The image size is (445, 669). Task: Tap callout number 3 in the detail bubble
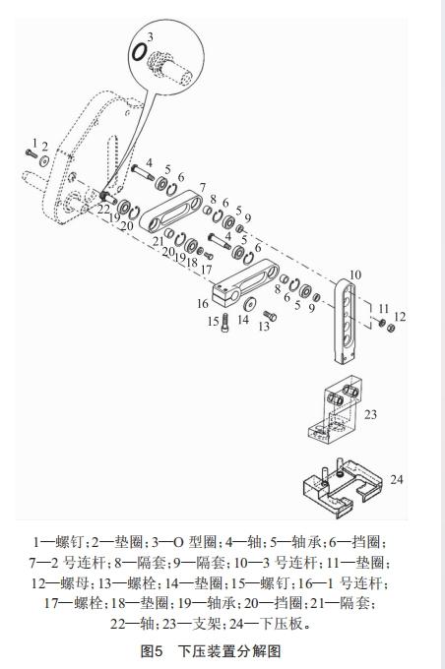click(x=150, y=36)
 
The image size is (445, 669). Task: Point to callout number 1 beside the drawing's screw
click(x=34, y=144)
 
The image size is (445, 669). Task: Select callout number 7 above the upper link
click(x=201, y=186)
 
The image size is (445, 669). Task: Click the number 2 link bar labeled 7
click(x=177, y=213)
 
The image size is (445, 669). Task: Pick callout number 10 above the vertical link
click(x=355, y=274)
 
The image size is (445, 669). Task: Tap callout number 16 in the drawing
click(x=202, y=303)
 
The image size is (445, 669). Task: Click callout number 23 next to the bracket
click(x=370, y=414)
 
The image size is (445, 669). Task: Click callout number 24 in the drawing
click(x=396, y=479)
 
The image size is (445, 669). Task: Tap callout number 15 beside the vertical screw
click(x=213, y=322)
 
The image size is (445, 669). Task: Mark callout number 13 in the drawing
click(x=265, y=327)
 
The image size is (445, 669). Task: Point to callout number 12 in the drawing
click(x=399, y=316)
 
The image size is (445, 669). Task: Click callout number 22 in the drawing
click(x=103, y=208)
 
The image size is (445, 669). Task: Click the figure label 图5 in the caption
click(x=154, y=651)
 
